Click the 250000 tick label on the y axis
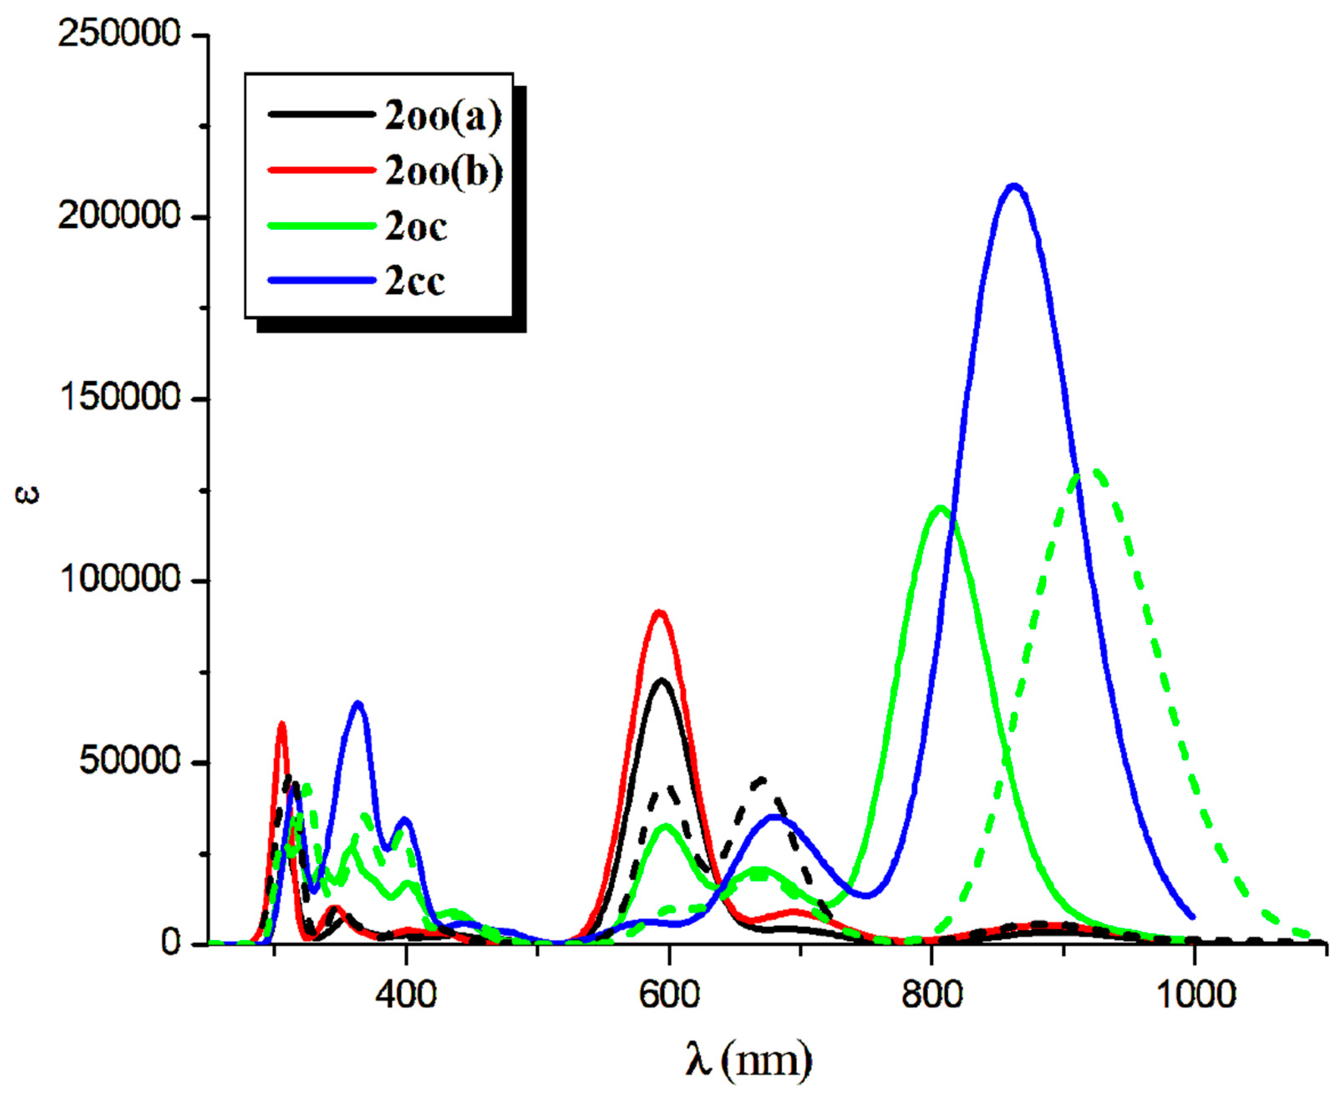120,33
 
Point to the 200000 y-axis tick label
120,216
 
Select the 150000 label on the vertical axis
120,398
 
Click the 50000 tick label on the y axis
130,761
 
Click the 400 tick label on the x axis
406,994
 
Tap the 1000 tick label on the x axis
1195,994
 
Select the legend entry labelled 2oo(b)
444,171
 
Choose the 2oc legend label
416,226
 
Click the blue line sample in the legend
322,280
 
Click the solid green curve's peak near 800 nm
940,508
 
